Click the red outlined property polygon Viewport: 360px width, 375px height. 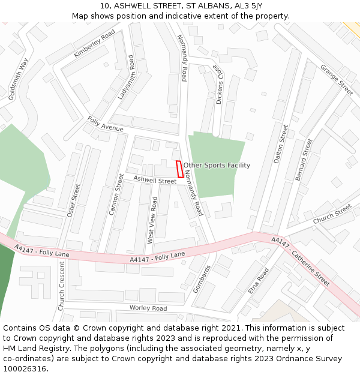[180, 169]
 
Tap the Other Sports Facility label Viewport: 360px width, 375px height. [217, 165]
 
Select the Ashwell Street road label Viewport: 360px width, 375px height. [155, 179]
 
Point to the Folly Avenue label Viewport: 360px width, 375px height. [105, 125]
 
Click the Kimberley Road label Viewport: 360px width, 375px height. [94, 44]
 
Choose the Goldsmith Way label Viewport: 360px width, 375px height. [19, 79]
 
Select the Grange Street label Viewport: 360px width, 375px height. [337, 80]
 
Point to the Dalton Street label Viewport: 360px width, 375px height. [281, 144]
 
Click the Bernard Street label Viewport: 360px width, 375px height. [304, 160]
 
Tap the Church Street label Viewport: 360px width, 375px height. [332, 214]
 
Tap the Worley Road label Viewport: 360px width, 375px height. [148, 308]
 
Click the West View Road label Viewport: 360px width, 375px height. [152, 220]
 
